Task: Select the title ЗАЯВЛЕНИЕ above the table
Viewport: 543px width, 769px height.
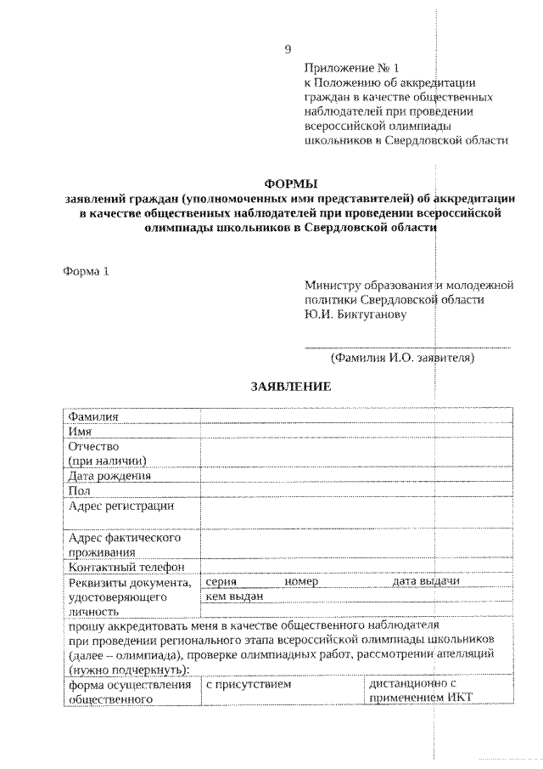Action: coord(289,386)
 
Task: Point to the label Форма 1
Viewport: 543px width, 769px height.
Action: coord(87,272)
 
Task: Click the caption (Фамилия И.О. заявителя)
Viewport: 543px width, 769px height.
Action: coord(402,358)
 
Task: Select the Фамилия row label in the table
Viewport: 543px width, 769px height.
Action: coord(93,416)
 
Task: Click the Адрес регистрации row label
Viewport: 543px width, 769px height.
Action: coord(120,506)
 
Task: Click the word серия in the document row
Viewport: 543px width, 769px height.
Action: coord(221,582)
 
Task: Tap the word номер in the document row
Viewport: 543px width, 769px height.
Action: coord(301,582)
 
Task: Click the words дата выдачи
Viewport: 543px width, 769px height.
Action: coord(426,582)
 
